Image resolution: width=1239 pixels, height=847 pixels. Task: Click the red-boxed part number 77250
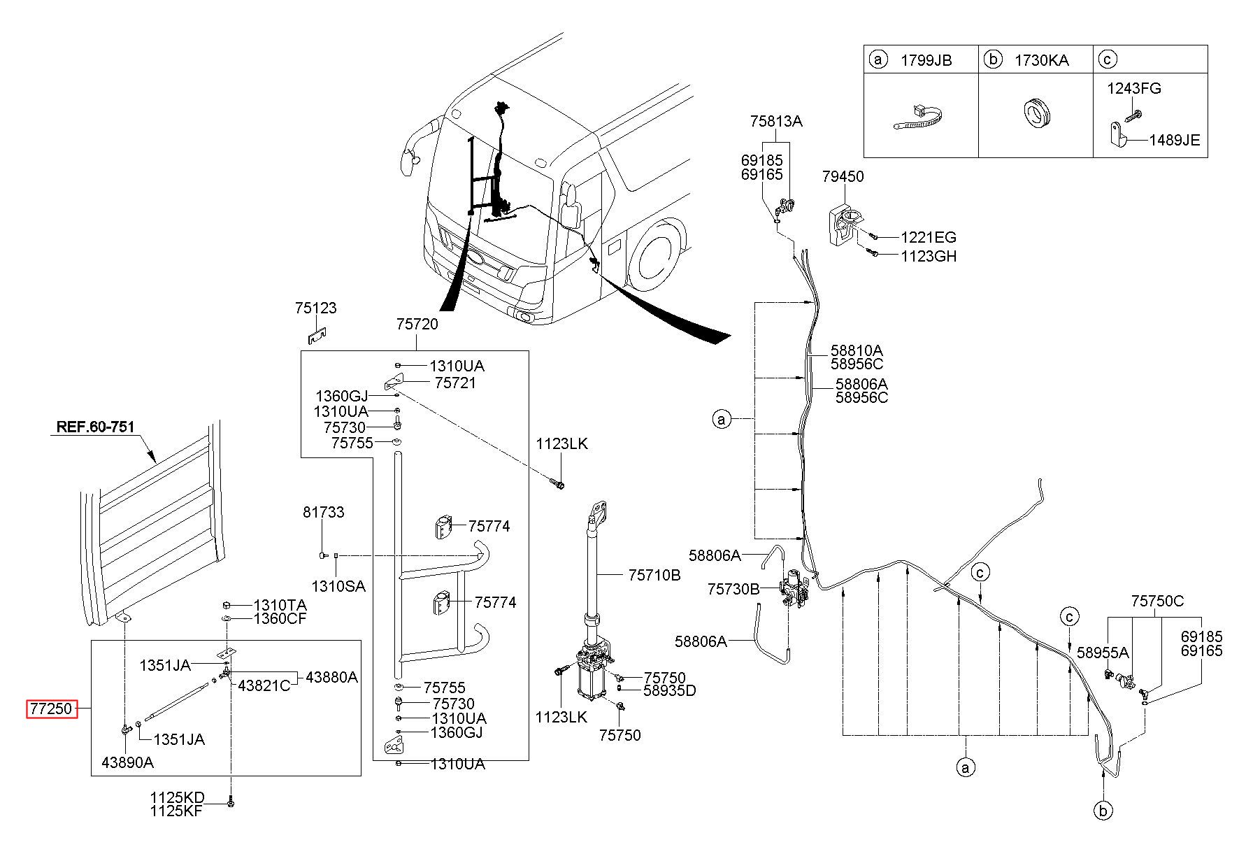pos(50,709)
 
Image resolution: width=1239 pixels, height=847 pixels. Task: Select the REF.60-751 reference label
pos(96,427)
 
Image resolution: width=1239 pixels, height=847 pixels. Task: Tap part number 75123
pos(315,308)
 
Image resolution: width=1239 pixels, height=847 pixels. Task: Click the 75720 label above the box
pos(417,324)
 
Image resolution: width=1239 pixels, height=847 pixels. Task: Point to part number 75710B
pos(654,575)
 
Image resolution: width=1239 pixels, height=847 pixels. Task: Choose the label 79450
pos(843,176)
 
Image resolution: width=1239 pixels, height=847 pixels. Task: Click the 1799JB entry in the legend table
pos(926,60)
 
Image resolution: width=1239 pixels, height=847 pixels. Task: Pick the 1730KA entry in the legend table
pos(1042,60)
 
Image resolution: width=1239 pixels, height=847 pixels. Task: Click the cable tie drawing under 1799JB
pos(920,118)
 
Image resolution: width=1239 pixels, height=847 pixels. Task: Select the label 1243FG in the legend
pos(1133,89)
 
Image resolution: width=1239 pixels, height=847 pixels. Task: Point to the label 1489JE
pos(1174,140)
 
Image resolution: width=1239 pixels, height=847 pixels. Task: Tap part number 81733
pos(323,512)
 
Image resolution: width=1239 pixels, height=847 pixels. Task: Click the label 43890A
pos(127,762)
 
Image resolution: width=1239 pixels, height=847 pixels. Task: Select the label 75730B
pos(733,589)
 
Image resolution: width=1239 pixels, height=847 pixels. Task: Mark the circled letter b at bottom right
pos(1103,811)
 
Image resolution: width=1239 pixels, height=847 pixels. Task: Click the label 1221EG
pos(928,238)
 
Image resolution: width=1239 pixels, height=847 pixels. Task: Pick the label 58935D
pos(670,691)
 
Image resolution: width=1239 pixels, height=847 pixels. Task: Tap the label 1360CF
pos(280,618)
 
